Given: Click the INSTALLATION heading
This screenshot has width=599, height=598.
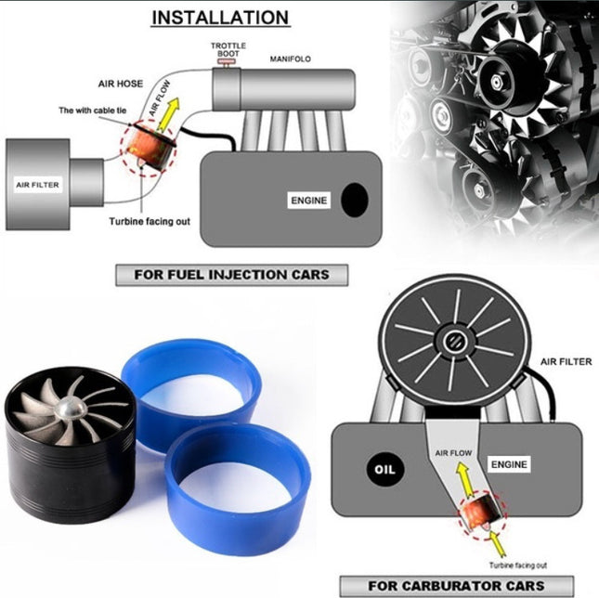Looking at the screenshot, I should (219, 18).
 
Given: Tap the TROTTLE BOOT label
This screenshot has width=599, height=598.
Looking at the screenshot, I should (228, 49).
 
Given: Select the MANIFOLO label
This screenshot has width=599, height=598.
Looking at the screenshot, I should (291, 58).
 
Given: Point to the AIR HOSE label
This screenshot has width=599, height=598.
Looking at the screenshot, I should (120, 83).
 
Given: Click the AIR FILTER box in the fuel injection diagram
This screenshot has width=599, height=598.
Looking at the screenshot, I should (37, 185).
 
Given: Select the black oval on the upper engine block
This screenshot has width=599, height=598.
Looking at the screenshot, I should (354, 199).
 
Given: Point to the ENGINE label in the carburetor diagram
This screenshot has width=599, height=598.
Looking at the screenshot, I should (510, 461).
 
